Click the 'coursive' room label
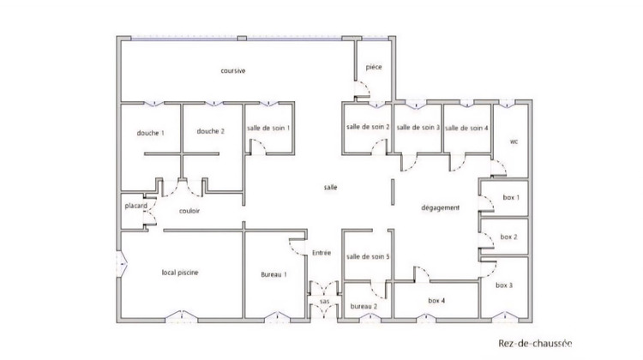click(x=233, y=70)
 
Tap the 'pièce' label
click(x=373, y=66)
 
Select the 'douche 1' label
click(x=150, y=132)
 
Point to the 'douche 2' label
click(x=210, y=131)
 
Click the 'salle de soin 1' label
click(x=268, y=128)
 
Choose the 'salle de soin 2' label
click(x=368, y=127)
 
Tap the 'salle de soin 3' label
click(x=418, y=127)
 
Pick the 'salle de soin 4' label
click(x=467, y=127)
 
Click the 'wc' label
click(x=514, y=141)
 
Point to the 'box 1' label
click(x=511, y=198)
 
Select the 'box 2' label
click(x=509, y=237)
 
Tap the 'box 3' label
click(x=505, y=285)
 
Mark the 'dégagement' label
click(x=441, y=208)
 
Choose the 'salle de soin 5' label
click(x=368, y=256)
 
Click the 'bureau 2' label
click(x=364, y=306)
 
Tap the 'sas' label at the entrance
click(x=324, y=302)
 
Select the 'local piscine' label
click(x=181, y=273)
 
